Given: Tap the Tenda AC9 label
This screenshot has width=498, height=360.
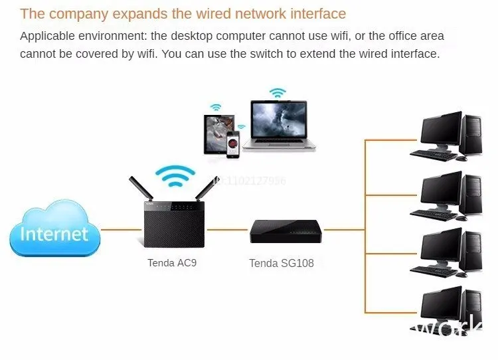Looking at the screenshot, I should pos(172,262).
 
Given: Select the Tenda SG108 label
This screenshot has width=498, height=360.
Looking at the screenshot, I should pos(282,263).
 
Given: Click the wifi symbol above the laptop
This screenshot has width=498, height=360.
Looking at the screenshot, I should pos(278,92).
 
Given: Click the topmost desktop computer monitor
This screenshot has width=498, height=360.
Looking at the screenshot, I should pos(441,131).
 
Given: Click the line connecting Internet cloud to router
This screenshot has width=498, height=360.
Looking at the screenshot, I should pos(121,230).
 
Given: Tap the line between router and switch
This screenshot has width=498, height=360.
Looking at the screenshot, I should pos(228,230).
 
